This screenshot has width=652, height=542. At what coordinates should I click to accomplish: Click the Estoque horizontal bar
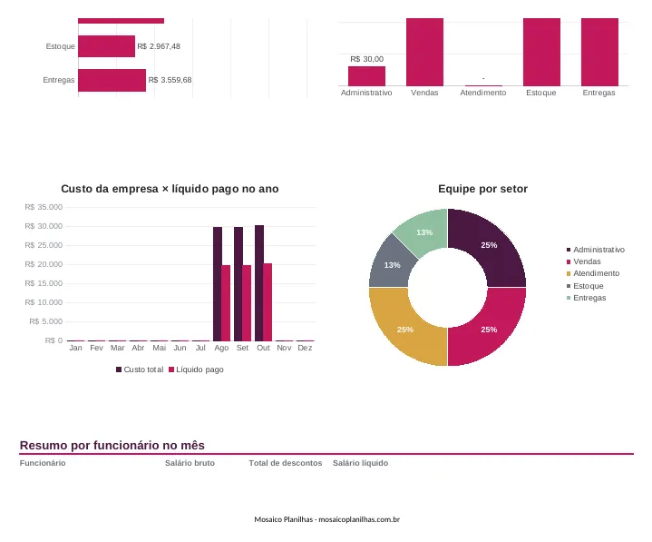coord(106,46)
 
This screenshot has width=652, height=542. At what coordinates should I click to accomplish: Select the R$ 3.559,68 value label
coord(170,80)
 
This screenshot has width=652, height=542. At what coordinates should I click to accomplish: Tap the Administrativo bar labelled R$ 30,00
coord(366,76)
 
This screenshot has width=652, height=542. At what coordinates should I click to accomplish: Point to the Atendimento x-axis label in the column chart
coord(482,93)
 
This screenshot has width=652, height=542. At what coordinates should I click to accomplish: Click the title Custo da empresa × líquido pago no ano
coord(170,189)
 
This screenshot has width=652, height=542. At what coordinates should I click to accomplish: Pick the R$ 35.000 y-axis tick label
coord(44,207)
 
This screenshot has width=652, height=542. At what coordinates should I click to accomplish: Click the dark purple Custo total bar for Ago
coord(218,284)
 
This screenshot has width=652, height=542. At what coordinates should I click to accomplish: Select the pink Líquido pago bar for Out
coord(268,302)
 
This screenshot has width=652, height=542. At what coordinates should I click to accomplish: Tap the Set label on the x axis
coord(242,348)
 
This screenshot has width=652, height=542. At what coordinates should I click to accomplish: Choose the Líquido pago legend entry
coord(196,370)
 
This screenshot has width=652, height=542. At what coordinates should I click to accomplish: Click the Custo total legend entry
coord(140,370)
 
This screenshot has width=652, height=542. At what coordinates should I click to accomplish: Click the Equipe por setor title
coord(482,189)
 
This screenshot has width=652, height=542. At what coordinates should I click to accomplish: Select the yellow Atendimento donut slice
coord(404,330)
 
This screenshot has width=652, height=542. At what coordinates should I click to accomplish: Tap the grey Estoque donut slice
coord(391,265)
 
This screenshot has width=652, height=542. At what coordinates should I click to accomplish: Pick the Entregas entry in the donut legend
coord(587,298)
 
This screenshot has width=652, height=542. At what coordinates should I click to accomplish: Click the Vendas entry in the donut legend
coord(583,261)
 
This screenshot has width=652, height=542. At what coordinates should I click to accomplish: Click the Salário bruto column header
coord(190,463)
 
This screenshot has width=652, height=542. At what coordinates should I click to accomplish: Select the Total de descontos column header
coord(286,463)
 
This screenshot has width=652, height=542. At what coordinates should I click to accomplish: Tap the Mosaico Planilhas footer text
coord(326,519)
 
